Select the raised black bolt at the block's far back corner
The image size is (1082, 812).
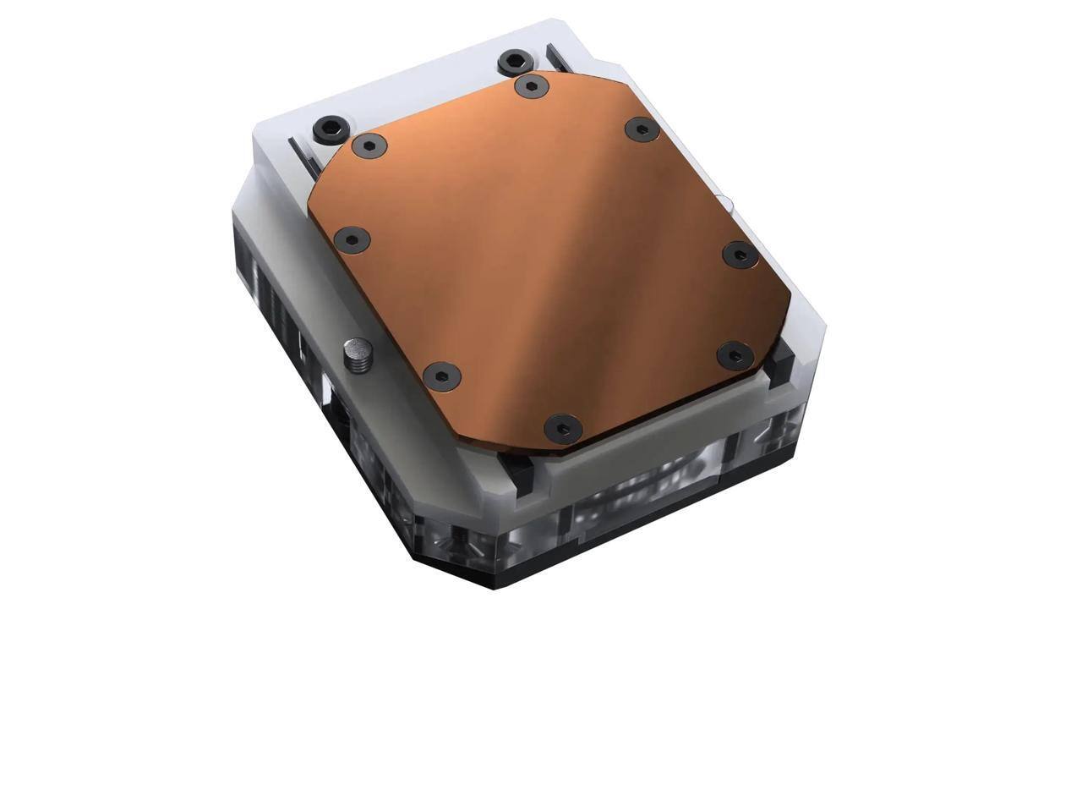(514, 62)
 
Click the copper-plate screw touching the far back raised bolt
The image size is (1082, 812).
(530, 85)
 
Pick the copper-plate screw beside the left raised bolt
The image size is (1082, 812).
(369, 145)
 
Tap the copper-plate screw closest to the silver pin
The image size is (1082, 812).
(440, 376)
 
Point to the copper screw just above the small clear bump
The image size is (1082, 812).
(641, 129)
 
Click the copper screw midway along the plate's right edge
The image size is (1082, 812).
(737, 254)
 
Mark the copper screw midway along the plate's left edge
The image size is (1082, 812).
(351, 239)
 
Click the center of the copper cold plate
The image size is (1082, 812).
(549, 254)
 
